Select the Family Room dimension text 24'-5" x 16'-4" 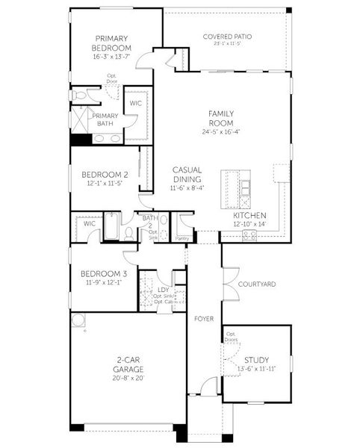(x=221, y=133)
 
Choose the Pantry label (x=182, y=238)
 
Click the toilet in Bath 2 (x=129, y=234)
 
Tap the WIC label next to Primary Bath (x=136, y=104)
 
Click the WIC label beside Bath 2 (x=89, y=223)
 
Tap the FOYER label (x=204, y=318)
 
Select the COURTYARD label (x=257, y=284)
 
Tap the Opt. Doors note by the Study (x=232, y=337)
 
